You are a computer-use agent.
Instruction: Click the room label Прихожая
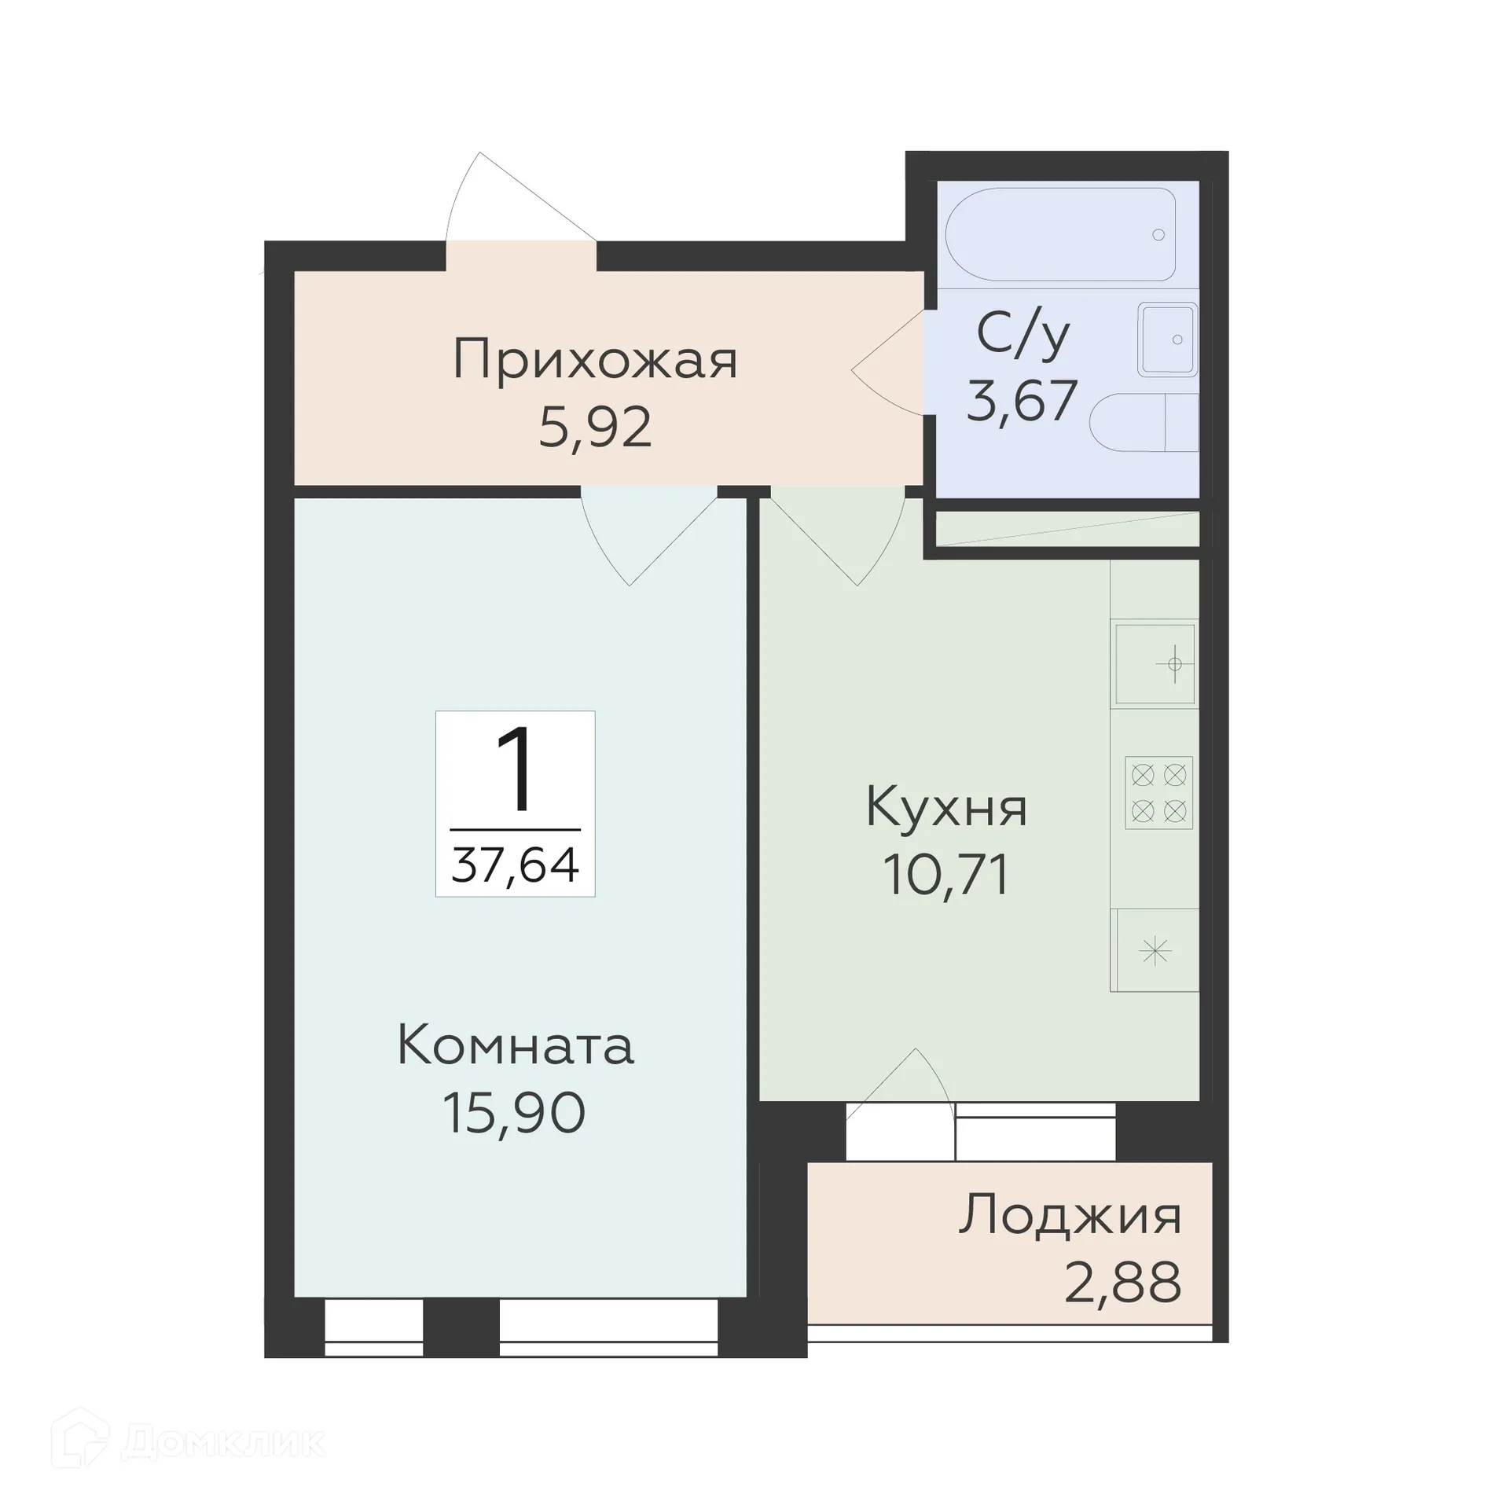(x=595, y=361)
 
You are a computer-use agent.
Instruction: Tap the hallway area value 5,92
(x=595, y=428)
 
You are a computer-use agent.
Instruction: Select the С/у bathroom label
(x=1023, y=335)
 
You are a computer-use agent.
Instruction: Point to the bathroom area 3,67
(x=1021, y=401)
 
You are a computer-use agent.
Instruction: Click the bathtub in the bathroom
(x=1061, y=234)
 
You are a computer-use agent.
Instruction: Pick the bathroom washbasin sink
(x=1168, y=340)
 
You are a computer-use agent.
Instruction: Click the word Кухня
(x=946, y=807)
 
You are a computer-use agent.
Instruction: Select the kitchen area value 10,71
(x=946, y=875)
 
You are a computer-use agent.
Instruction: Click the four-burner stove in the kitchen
(x=1158, y=793)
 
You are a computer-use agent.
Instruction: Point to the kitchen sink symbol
(x=1155, y=665)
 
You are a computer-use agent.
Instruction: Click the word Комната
(x=516, y=1046)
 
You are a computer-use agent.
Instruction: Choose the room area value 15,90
(x=515, y=1113)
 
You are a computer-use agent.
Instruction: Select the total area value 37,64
(x=516, y=865)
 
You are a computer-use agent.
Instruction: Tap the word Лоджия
(x=1070, y=1216)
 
